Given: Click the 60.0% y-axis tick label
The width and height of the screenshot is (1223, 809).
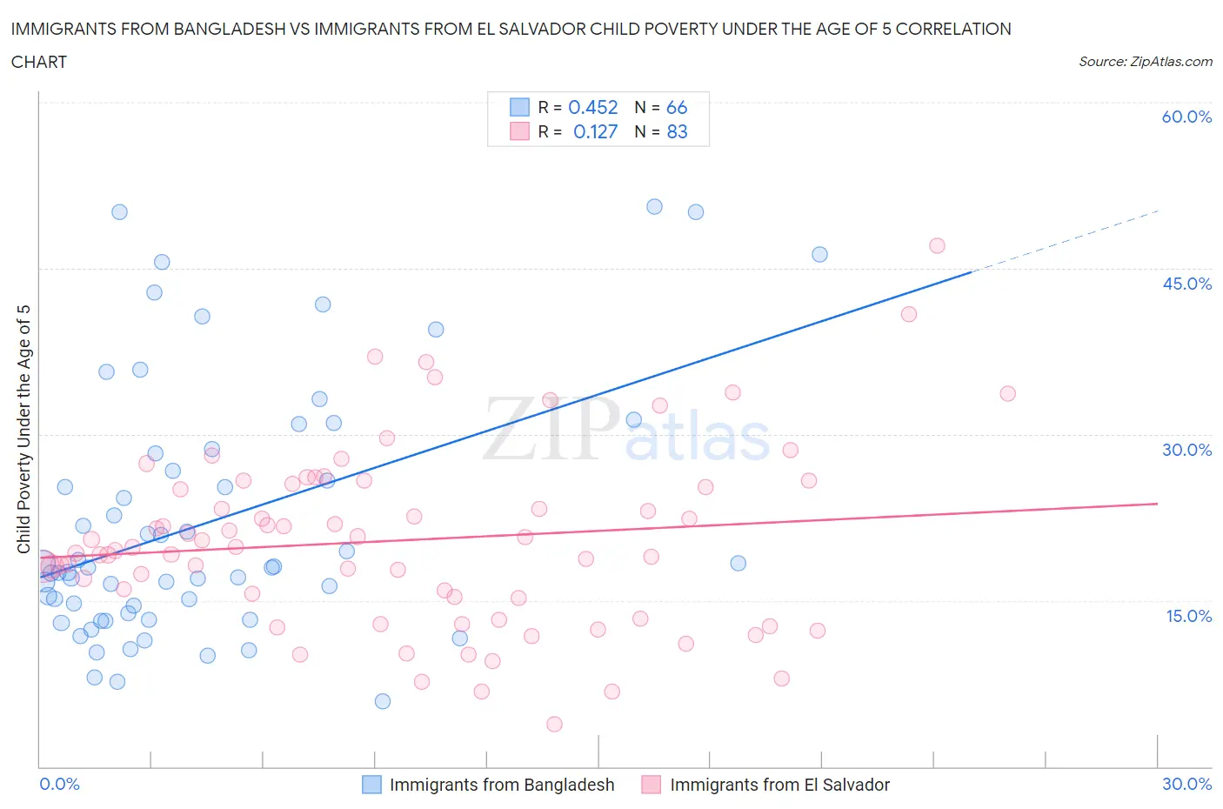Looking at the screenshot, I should tap(1186, 117).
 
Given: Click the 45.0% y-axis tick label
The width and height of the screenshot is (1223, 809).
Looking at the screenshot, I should tap(1186, 284).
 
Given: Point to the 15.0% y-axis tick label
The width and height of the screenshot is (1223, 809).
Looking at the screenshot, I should tap(1186, 616).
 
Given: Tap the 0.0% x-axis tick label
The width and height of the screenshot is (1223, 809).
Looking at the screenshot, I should tap(59, 784).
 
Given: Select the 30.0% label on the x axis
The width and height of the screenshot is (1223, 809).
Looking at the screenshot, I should tap(1186, 784).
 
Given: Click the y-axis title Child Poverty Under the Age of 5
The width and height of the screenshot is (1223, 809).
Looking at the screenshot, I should tap(23, 429).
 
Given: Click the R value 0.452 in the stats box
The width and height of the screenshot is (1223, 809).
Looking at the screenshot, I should tap(592, 107).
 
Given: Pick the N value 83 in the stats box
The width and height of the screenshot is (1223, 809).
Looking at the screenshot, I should tap(677, 131).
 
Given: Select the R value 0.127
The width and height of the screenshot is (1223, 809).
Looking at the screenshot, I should tap(595, 131).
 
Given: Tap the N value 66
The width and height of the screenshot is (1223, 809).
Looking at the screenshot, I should tap(677, 107).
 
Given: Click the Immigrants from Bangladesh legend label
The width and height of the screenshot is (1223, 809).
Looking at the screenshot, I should tap(502, 785).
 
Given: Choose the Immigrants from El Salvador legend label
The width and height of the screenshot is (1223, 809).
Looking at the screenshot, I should tap(779, 785).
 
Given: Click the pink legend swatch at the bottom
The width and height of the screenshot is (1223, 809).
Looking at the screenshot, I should tap(651, 785).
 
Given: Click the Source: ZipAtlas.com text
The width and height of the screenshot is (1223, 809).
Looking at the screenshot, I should tap(1145, 62).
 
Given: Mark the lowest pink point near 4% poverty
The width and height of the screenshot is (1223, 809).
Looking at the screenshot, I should tap(554, 724).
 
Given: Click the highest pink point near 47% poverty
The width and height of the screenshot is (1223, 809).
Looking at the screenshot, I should tap(937, 245).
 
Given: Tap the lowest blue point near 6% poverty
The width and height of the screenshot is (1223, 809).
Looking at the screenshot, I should tap(383, 701).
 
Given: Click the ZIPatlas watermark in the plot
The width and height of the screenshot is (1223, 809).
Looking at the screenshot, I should tap(626, 428).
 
